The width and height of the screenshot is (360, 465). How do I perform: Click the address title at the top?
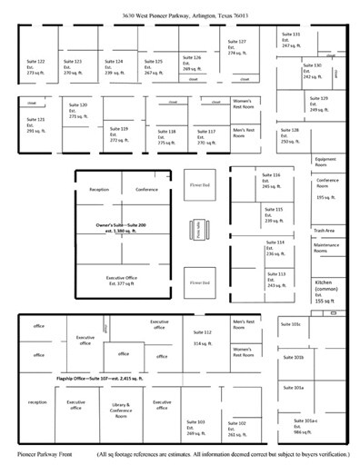[182, 16]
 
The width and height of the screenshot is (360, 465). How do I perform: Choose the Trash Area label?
[324, 230]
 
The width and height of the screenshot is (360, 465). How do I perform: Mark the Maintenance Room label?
[326, 245]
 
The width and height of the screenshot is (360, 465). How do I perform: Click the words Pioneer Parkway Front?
[41, 451]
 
